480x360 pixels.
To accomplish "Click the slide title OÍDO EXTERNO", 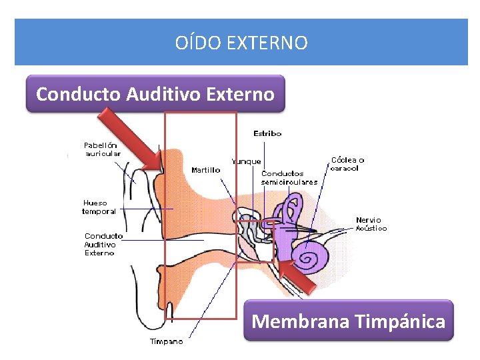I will (x=241, y=43).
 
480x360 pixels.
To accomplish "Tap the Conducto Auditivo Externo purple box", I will (x=155, y=94).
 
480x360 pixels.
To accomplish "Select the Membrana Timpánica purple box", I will (x=348, y=321).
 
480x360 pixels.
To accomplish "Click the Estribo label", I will (x=267, y=133).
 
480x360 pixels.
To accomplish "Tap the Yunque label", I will (x=246, y=161).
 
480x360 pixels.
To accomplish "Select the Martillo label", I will (x=205, y=170).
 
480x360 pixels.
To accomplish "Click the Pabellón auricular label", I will (x=102, y=149).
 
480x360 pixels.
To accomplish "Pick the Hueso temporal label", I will (x=99, y=207).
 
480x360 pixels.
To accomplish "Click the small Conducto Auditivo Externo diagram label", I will (x=103, y=244).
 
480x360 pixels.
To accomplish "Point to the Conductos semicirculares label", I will (x=289, y=178).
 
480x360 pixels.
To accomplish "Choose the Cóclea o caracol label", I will (x=347, y=164).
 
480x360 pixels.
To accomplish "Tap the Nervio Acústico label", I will (x=371, y=224).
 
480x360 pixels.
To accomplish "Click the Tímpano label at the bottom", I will (x=166, y=342).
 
